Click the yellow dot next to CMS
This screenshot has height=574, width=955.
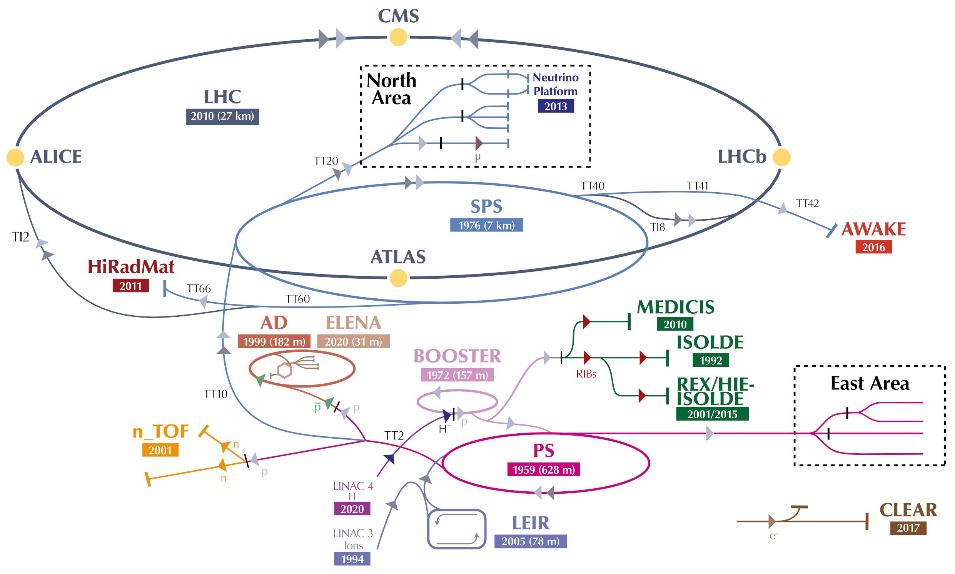click(x=398, y=38)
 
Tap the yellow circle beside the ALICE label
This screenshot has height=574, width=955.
click(x=15, y=157)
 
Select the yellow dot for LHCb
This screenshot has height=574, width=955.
click(x=781, y=157)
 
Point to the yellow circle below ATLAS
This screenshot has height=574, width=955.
click(x=398, y=278)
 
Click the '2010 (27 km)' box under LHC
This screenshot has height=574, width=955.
click(x=222, y=116)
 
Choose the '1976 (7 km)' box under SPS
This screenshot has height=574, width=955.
click(x=486, y=225)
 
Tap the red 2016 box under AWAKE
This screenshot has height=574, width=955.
click(x=873, y=247)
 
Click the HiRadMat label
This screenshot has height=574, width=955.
click(x=131, y=267)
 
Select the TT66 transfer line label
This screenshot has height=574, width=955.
click(x=199, y=289)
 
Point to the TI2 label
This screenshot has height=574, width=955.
click(x=20, y=237)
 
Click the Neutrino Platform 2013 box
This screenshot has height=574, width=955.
click(x=556, y=106)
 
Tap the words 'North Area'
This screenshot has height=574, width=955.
click(x=391, y=89)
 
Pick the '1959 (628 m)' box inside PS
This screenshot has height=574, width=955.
click(x=543, y=469)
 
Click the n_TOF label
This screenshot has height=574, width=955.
click(x=160, y=431)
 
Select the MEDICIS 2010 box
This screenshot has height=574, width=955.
click(x=675, y=324)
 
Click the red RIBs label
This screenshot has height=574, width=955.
click(x=586, y=374)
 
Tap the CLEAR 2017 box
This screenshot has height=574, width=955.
click(x=908, y=528)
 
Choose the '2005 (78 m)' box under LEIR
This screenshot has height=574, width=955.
click(x=530, y=541)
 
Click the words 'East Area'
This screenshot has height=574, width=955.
click(x=870, y=383)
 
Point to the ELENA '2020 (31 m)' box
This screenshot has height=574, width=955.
click(x=353, y=341)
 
